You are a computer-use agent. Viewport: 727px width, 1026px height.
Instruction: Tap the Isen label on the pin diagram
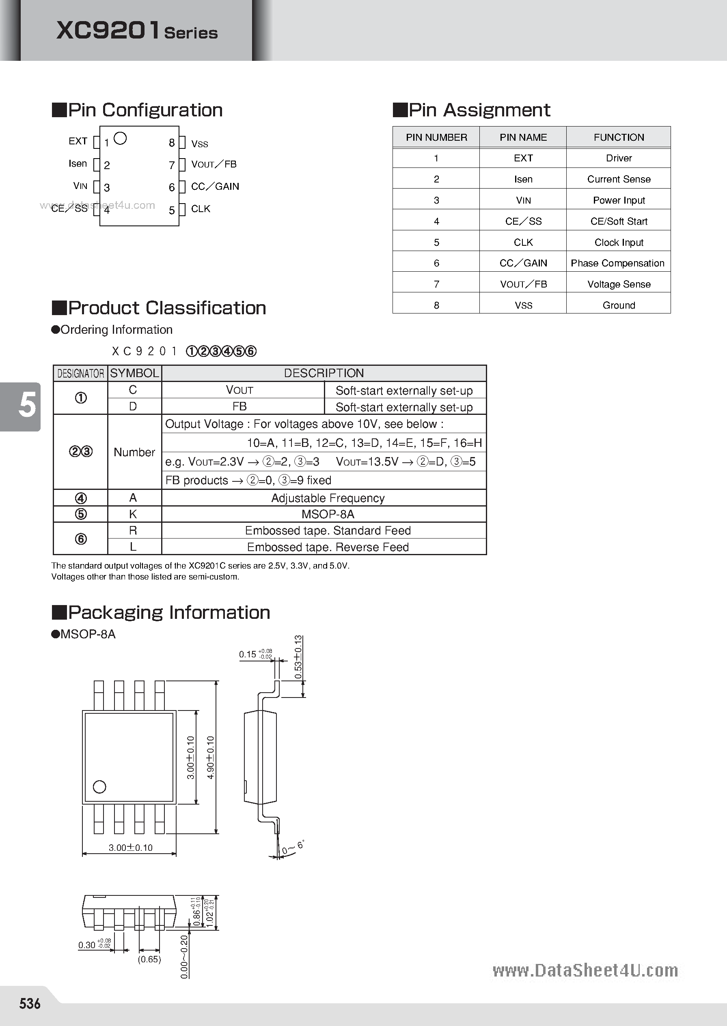78,164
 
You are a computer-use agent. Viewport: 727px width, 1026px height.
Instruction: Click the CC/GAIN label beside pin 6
215,187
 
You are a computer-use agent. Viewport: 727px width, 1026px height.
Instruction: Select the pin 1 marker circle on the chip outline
121,139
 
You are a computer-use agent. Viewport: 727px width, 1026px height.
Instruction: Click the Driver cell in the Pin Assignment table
619,158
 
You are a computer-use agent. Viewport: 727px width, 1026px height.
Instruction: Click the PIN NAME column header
523,137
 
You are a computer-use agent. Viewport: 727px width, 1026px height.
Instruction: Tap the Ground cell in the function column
619,305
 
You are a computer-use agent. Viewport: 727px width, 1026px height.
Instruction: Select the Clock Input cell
619,243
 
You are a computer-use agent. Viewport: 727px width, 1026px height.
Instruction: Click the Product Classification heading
166,308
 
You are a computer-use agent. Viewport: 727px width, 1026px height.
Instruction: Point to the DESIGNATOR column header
81,373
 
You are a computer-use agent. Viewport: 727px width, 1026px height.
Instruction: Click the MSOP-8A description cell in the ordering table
328,514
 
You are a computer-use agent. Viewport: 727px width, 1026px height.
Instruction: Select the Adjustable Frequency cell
328,498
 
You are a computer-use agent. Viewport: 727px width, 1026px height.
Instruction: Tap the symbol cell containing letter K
133,514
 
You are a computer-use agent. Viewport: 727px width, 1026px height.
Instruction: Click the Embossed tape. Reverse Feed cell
328,547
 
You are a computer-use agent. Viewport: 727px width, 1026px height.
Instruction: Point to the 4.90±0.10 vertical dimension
210,757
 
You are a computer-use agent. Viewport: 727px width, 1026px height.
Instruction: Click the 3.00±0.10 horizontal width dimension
130,848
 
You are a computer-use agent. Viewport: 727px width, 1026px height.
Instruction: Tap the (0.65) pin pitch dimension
149,959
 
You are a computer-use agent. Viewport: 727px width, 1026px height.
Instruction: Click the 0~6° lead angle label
293,847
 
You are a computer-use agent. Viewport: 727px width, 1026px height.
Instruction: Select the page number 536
30,1004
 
